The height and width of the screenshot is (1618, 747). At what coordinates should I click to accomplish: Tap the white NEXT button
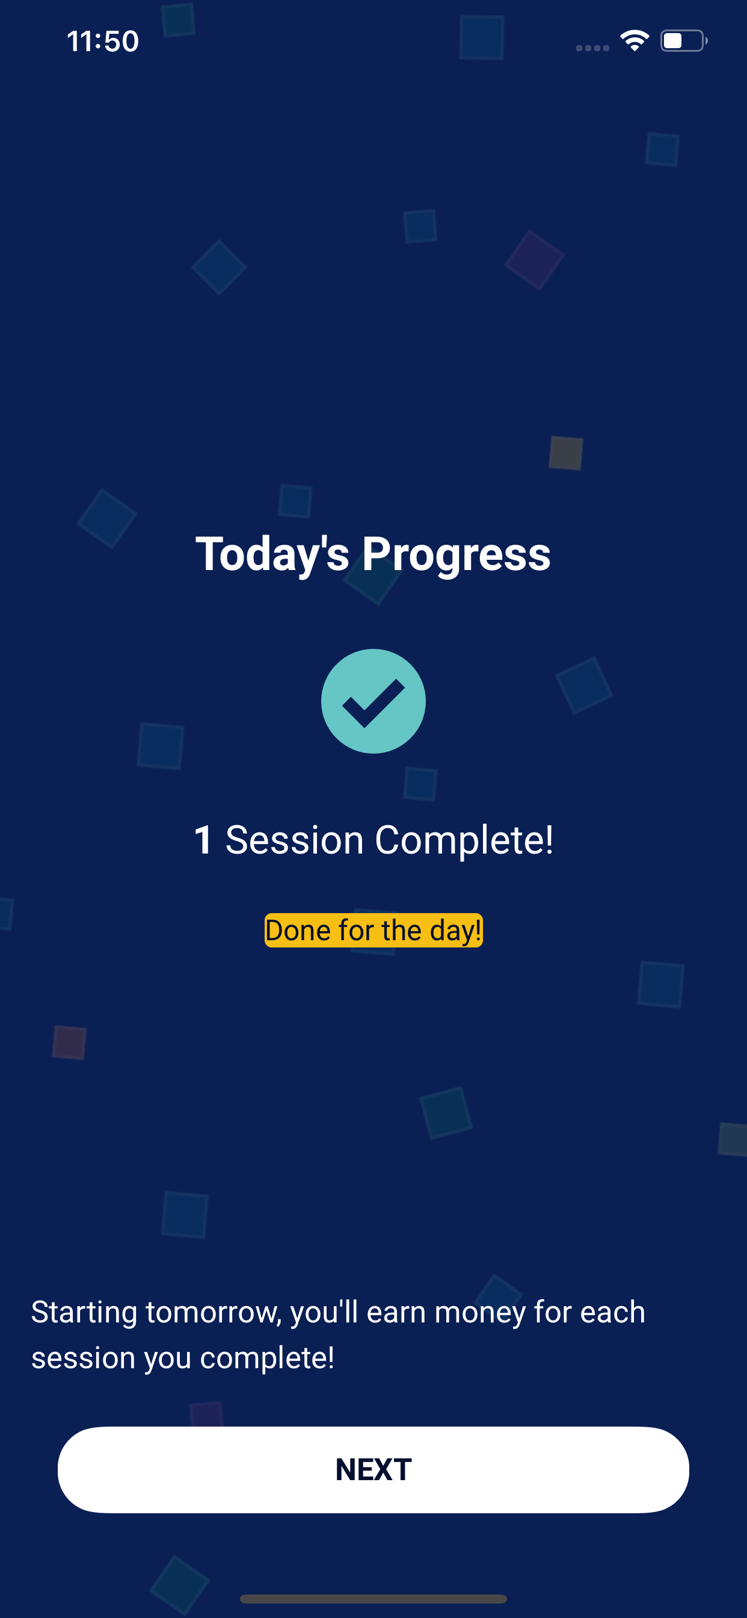click(373, 1469)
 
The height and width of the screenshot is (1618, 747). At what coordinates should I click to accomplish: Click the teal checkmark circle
click(373, 701)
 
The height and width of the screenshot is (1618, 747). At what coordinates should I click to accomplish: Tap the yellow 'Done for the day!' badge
click(373, 930)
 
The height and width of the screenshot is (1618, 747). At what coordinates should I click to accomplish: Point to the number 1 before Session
click(203, 840)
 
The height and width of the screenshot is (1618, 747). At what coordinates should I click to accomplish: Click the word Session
click(294, 840)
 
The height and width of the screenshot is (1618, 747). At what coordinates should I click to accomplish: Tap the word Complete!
click(464, 840)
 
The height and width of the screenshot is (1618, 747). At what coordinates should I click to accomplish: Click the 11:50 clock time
click(103, 42)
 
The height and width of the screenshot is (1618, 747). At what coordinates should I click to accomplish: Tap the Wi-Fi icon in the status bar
click(635, 41)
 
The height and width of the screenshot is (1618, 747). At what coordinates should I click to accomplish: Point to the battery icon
click(684, 41)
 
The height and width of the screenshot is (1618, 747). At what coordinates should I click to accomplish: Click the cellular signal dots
click(592, 48)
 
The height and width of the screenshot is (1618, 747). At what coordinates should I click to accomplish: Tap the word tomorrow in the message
click(214, 1312)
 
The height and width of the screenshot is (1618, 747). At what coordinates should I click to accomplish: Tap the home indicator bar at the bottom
click(373, 1599)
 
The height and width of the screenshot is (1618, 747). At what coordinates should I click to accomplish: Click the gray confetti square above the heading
click(565, 453)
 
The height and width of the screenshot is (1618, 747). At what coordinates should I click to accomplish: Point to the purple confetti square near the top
click(535, 259)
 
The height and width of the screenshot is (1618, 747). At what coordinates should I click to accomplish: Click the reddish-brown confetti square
click(69, 1043)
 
